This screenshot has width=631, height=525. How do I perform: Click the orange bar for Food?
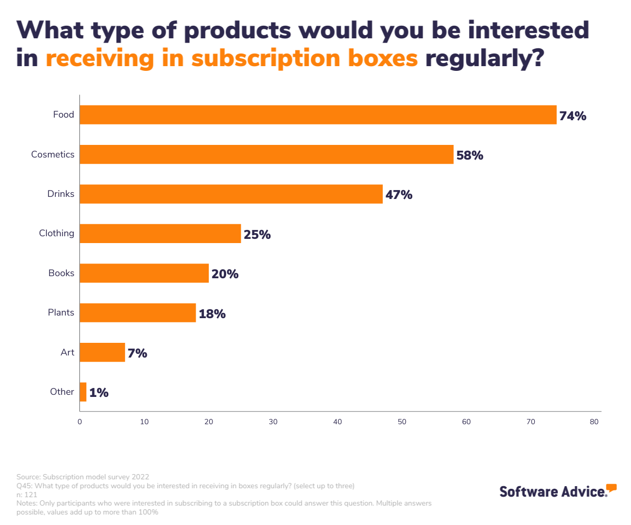[x=318, y=115]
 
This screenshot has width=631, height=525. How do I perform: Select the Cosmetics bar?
[x=266, y=154]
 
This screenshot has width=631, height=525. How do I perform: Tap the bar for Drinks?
[x=231, y=194]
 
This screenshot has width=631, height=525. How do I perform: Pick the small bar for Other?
[x=83, y=392]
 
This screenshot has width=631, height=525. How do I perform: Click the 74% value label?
[x=573, y=116]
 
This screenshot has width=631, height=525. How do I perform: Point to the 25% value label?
[x=257, y=235]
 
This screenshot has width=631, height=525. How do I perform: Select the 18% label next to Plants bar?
[x=212, y=314]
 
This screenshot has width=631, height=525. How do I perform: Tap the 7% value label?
[x=137, y=353]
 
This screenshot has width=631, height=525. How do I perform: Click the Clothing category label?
[x=56, y=233]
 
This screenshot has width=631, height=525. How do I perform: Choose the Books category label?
[x=61, y=273]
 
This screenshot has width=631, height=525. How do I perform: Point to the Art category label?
[x=67, y=352]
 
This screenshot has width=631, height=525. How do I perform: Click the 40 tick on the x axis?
[x=338, y=422]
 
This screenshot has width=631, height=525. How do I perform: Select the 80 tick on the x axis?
[x=595, y=422]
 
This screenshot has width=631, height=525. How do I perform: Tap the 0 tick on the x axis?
[x=79, y=422]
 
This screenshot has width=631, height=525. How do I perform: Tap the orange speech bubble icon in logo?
[x=611, y=487]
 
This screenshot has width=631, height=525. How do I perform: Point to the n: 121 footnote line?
[x=27, y=494]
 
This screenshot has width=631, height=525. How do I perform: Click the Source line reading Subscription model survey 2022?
[x=83, y=477]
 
